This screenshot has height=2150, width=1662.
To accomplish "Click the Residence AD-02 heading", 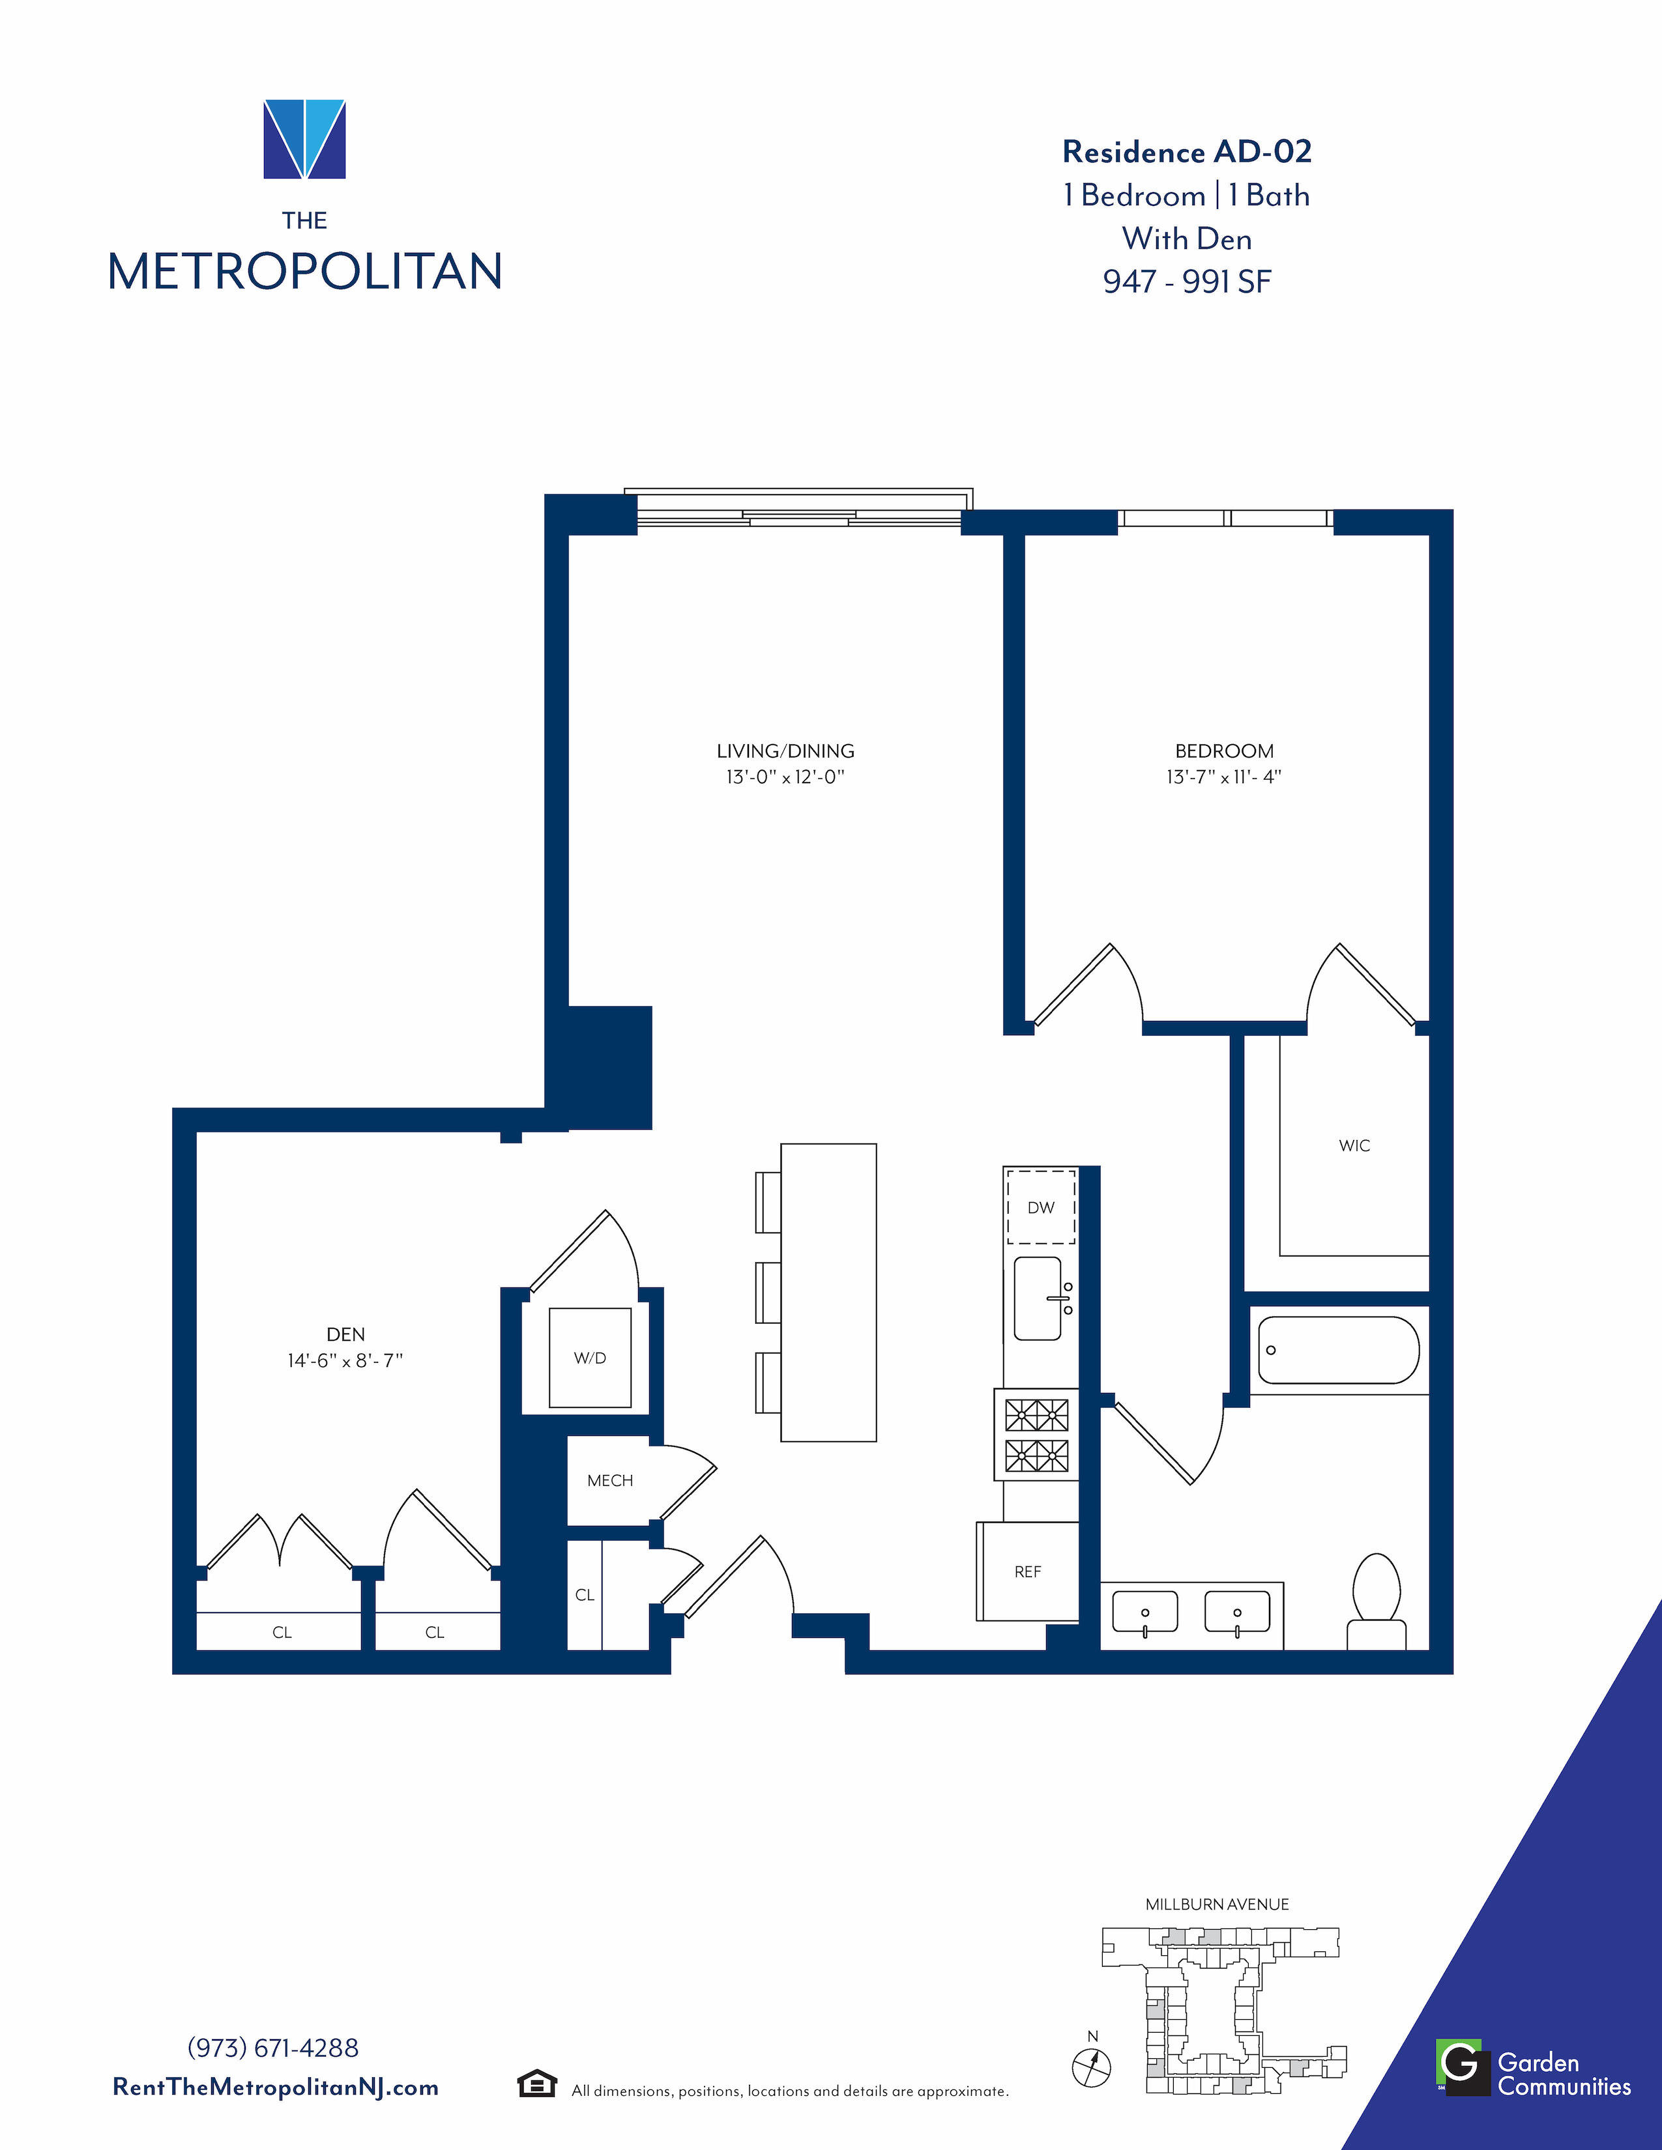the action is pos(1186,152).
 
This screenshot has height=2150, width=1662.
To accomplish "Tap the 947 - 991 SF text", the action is pos(1186,281).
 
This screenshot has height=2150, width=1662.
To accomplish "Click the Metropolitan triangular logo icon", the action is pos(304,139).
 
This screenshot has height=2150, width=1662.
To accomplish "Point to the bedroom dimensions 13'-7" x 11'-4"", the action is pos(1224,777).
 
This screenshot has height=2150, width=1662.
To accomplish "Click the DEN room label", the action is pos(345,1334).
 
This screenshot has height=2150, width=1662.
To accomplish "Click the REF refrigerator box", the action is pos(1028,1571).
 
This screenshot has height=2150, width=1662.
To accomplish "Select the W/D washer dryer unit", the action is pos(590,1358).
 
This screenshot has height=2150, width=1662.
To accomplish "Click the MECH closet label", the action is pos(609,1481).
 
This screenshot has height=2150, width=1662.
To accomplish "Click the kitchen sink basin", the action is pos(1038,1298).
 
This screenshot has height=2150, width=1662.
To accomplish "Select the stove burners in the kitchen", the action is pos(1037,1435).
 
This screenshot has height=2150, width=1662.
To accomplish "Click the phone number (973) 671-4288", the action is pos(272,2048).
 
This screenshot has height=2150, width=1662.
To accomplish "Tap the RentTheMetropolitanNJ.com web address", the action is pos(276,2087).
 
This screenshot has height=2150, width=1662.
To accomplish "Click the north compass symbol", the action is pos(1091,2065).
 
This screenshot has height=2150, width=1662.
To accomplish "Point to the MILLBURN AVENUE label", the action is pos(1217,1904).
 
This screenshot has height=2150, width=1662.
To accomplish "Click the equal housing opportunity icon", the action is pos(536,2084).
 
